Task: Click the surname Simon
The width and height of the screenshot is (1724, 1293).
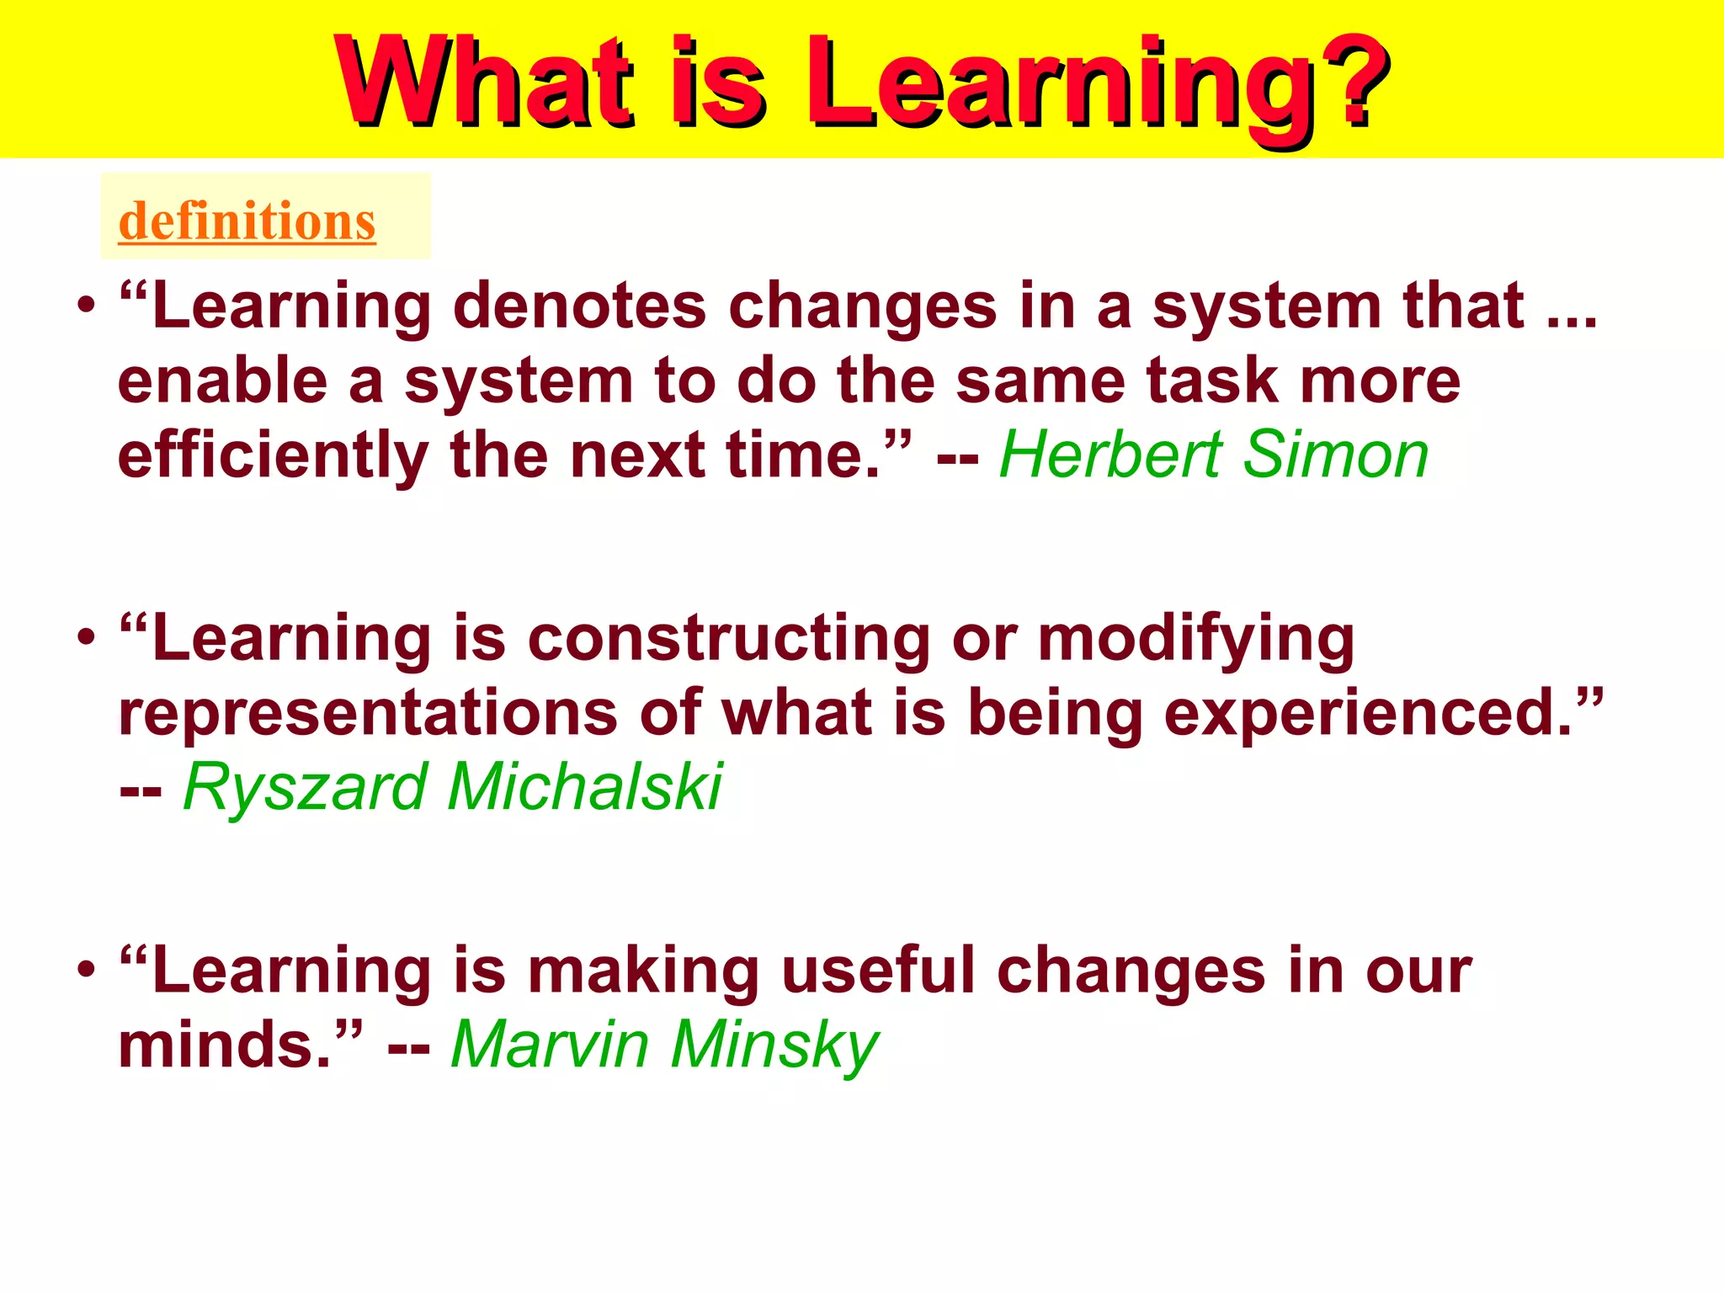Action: tap(1336, 455)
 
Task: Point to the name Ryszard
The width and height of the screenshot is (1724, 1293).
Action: tap(306, 787)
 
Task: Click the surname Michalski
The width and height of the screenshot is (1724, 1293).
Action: tap(584, 787)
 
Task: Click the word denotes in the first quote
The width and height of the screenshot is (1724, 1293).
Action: tap(579, 306)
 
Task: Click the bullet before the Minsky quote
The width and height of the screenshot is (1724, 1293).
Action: tap(86, 971)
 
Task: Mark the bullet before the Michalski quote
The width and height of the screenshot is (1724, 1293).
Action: tap(86, 638)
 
